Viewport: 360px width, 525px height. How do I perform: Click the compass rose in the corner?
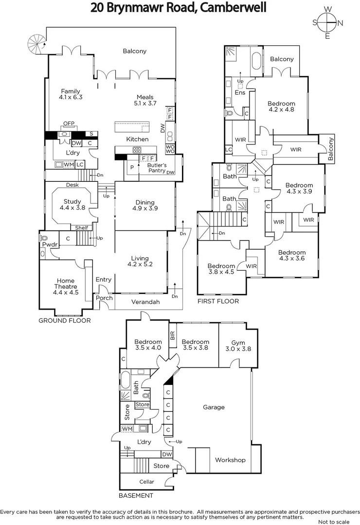coord(328,23)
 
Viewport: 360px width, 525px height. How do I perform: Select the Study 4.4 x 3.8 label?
coord(72,205)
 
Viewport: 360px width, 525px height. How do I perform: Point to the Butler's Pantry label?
coord(157,168)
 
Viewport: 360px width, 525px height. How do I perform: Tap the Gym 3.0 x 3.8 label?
coord(238,345)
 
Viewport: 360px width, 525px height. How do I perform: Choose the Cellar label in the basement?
coord(146,482)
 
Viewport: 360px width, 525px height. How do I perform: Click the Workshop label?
coord(230,460)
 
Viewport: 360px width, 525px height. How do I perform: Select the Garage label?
coord(214,407)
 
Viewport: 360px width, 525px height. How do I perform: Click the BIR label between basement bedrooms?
coord(172,335)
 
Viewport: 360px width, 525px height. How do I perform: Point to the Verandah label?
coord(145,302)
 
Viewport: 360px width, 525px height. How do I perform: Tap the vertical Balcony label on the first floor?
coord(331,149)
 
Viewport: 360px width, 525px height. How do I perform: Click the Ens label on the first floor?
coord(239,92)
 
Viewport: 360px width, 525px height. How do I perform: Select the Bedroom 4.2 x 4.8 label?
coord(281,106)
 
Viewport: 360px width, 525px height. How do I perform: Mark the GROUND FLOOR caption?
coord(64,321)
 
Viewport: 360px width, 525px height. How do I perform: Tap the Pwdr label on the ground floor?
coord(47,244)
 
